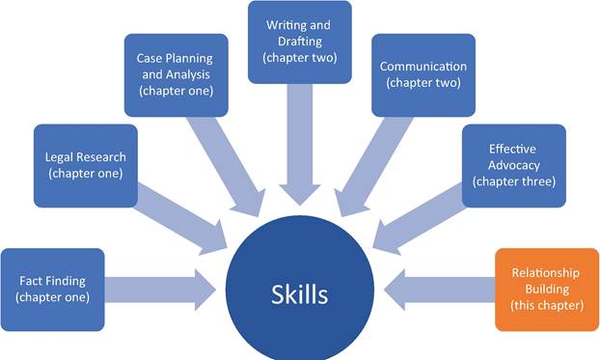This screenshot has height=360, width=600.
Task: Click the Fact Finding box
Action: click(52, 290)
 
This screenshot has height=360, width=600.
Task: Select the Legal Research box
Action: click(86, 165)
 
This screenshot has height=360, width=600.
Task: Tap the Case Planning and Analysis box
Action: click(177, 75)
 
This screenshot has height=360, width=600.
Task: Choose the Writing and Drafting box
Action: click(300, 42)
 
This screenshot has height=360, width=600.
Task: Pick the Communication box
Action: click(423, 75)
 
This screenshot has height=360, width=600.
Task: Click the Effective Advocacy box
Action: click(514, 165)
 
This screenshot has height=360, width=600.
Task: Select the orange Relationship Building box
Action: click(547, 290)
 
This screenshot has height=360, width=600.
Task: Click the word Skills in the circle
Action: click(300, 294)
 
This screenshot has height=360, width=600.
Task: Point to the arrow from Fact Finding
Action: click(161, 290)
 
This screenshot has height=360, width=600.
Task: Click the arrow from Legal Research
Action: click(181, 219)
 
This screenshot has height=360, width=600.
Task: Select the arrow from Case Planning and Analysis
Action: click(227, 166)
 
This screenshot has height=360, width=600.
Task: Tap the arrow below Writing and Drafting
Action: click(300, 145)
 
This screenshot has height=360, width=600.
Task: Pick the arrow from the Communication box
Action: click(373, 166)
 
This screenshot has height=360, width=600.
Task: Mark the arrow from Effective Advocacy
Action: click(419, 219)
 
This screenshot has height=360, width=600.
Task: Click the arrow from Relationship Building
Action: click(439, 290)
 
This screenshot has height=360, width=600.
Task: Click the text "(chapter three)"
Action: click(514, 181)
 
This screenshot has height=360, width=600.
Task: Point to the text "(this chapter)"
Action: click(547, 305)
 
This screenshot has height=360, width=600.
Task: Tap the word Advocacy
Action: click(514, 165)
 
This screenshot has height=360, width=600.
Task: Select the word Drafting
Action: click(300, 41)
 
